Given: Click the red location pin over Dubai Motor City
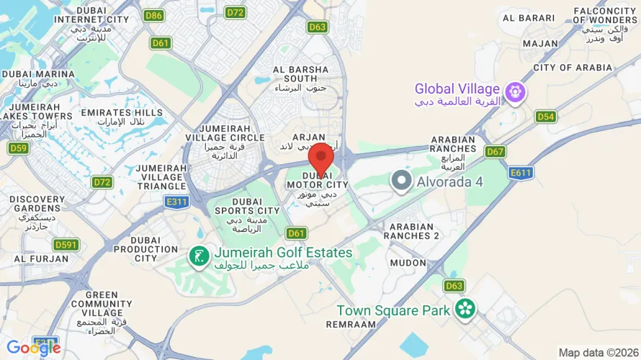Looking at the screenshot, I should pos(320,157).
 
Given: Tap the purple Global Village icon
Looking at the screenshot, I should pos(515,92).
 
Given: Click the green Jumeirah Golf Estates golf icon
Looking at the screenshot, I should pos(199,255).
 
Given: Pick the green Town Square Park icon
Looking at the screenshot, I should pos(465,309).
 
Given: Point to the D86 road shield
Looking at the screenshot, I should pos(153,14).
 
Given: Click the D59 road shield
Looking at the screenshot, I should pos(18,148).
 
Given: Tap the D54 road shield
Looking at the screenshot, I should pos(545,117).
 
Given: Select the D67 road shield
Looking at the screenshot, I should pos(495,151).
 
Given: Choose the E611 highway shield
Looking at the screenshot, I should pos(520,173).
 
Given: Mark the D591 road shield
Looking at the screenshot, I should pos(66,245).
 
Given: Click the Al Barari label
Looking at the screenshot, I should pos(528,18).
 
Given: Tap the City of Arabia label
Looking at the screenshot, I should pos(573,68).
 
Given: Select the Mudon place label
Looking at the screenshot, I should pos(408,263).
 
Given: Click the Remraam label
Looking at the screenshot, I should pos(351,325).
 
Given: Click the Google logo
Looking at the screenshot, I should pos(33,348).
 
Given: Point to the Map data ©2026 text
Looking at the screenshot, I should pos(598,353).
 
